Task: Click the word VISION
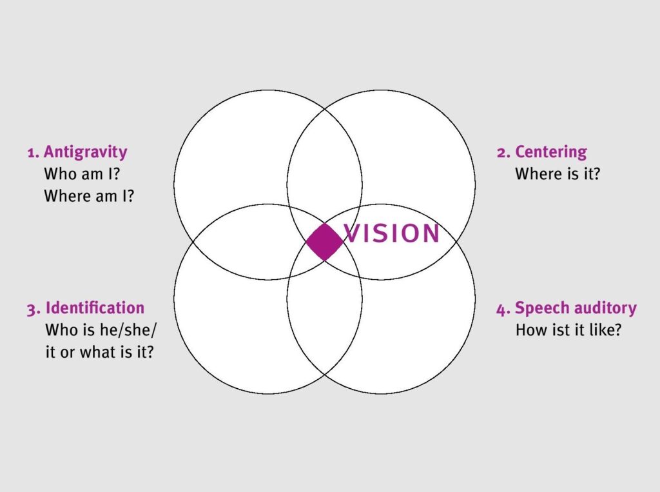tap(392, 233)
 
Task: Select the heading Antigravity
tap(85, 152)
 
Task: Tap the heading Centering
tap(550, 152)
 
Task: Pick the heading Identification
tap(95, 308)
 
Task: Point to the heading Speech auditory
tap(576, 308)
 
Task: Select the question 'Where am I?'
tap(89, 195)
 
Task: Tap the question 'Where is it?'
tap(557, 173)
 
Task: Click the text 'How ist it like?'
tap(568, 330)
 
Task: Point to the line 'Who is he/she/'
tap(101, 330)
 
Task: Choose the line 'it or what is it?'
tap(99, 352)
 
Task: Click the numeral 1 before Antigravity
tap(31, 153)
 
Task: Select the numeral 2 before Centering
tap(501, 153)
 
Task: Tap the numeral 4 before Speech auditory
tap(501, 309)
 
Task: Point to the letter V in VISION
tap(353, 233)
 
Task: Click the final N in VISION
tap(430, 233)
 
